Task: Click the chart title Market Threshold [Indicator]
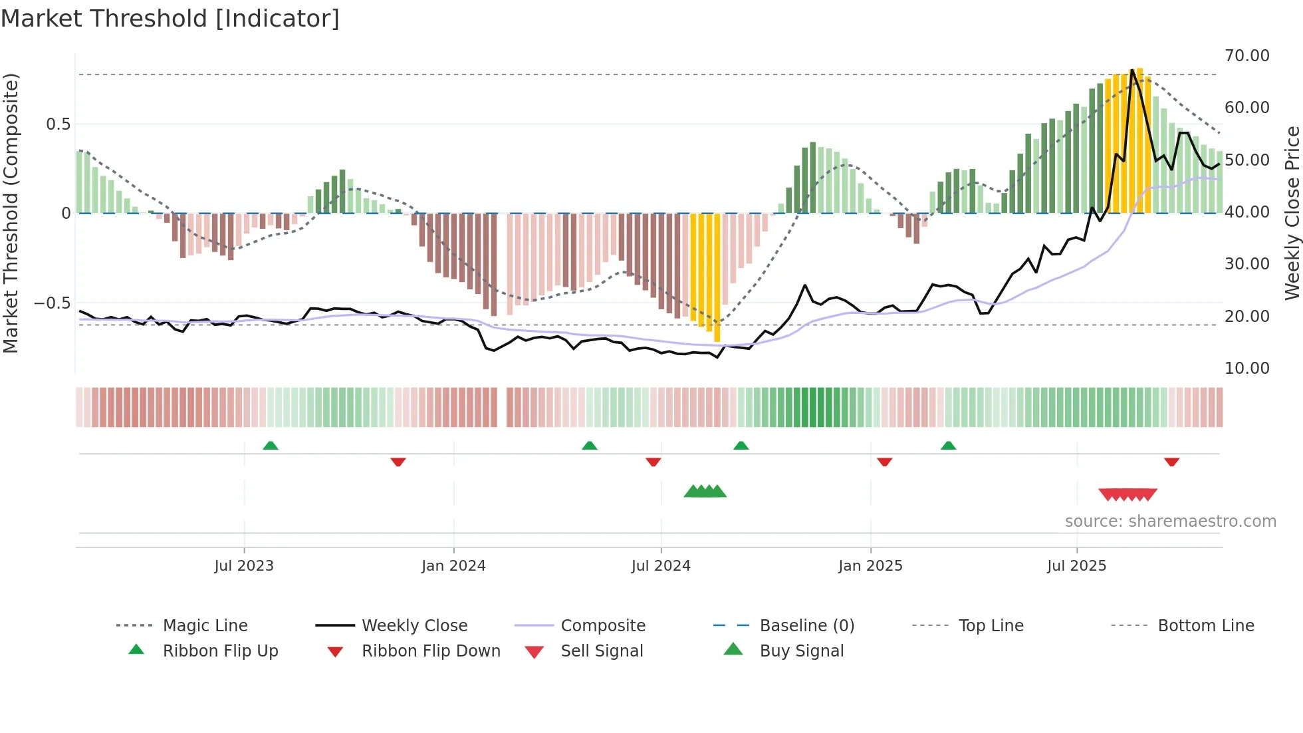(x=170, y=19)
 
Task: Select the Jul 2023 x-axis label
(x=243, y=566)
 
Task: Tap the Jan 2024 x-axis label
(x=453, y=566)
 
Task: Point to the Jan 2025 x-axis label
(x=870, y=566)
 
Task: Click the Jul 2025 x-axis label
(x=1076, y=566)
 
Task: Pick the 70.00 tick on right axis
(x=1246, y=56)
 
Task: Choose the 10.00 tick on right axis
(x=1246, y=368)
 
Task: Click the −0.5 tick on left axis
(x=53, y=303)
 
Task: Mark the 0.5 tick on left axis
(x=58, y=124)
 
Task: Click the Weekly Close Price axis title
(x=1292, y=213)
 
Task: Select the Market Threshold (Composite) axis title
(x=11, y=213)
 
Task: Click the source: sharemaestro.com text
(x=1170, y=521)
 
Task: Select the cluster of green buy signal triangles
(x=705, y=492)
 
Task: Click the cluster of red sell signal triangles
(x=1127, y=494)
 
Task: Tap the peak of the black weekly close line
(x=1131, y=70)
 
